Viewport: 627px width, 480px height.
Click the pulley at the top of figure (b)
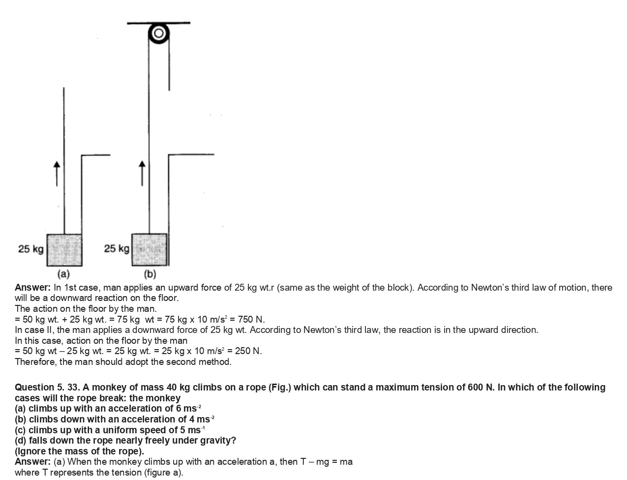[x=159, y=33]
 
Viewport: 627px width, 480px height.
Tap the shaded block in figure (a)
[x=64, y=250]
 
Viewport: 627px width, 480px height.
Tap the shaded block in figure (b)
[x=149, y=249]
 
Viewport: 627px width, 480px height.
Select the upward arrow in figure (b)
[x=143, y=173]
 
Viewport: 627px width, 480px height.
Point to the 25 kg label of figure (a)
[x=30, y=249]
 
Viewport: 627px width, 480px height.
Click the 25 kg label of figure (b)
[x=117, y=248]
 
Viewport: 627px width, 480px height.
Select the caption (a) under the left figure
[x=63, y=273]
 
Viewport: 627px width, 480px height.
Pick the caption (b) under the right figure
[x=149, y=273]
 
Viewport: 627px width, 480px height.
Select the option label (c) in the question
[x=21, y=430]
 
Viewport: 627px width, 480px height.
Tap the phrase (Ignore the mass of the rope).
[x=79, y=451]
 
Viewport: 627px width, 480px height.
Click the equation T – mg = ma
[x=326, y=461]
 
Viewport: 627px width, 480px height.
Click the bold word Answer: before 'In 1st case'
[x=32, y=287]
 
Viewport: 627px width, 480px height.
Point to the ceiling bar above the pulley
[x=158, y=23]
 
